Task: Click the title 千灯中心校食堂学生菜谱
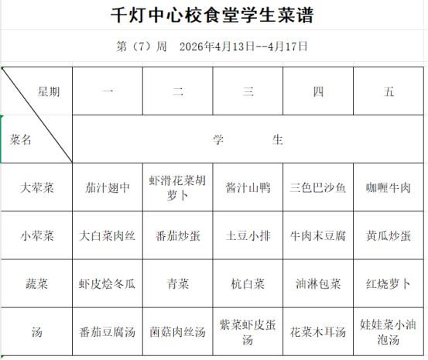(x=212, y=15)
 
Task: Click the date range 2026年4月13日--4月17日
(x=244, y=46)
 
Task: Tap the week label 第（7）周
(x=142, y=46)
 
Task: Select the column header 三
(x=248, y=91)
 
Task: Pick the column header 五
(x=389, y=91)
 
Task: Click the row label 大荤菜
(x=37, y=187)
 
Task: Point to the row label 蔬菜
(x=37, y=284)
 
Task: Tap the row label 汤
(x=37, y=332)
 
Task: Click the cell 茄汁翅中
(x=108, y=187)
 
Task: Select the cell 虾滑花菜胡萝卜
(x=177, y=187)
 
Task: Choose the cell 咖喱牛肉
(x=389, y=187)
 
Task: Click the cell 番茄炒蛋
(x=178, y=236)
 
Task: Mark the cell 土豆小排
(x=248, y=236)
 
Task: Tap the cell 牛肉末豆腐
(x=318, y=236)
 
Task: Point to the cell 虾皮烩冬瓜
(x=107, y=284)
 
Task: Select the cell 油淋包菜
(x=318, y=284)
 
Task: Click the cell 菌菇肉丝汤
(x=177, y=332)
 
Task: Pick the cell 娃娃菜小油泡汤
(x=389, y=332)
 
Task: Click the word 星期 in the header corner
(x=49, y=91)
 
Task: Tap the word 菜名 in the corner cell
(x=20, y=139)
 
